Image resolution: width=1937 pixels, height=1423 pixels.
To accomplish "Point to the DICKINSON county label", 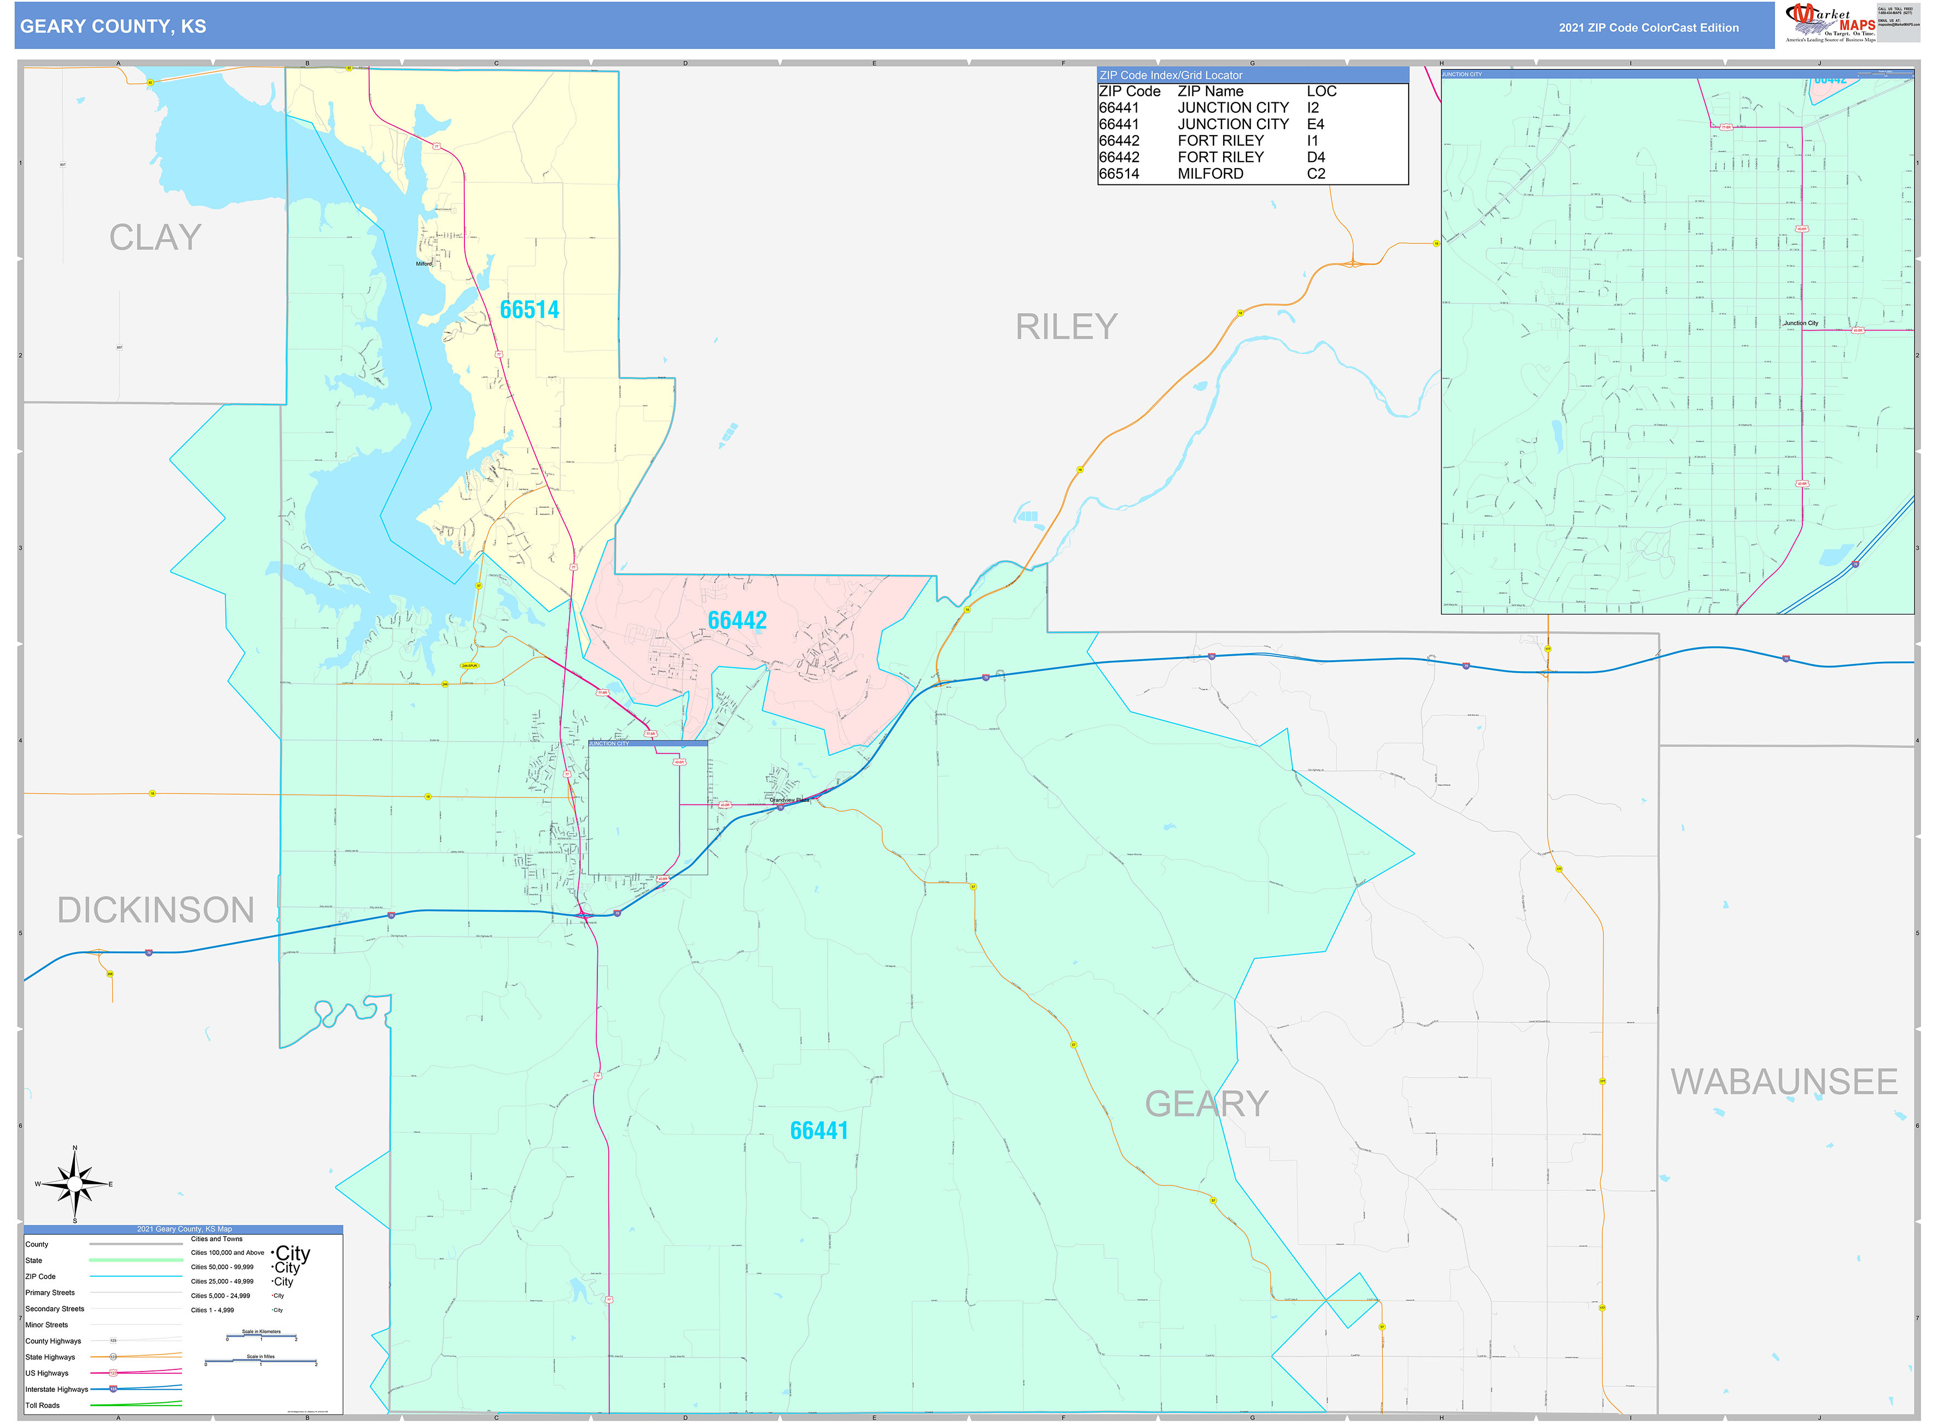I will (156, 911).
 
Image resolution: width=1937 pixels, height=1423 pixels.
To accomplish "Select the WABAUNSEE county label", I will (1784, 1082).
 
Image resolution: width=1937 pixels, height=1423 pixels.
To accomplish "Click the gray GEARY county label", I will (1206, 1104).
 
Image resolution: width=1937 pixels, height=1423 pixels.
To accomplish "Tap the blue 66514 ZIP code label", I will (530, 310).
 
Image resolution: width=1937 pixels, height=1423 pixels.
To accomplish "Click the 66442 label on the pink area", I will (737, 620).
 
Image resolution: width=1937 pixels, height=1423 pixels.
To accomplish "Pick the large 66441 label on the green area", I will (819, 1131).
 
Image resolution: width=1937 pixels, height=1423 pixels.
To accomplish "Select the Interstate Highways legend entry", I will (57, 1390).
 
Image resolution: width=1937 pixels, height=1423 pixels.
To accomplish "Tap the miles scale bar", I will (261, 1362).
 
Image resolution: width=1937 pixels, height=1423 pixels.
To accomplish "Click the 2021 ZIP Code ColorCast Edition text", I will (1648, 27).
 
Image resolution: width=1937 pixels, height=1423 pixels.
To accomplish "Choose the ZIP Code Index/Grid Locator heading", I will (1171, 76).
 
